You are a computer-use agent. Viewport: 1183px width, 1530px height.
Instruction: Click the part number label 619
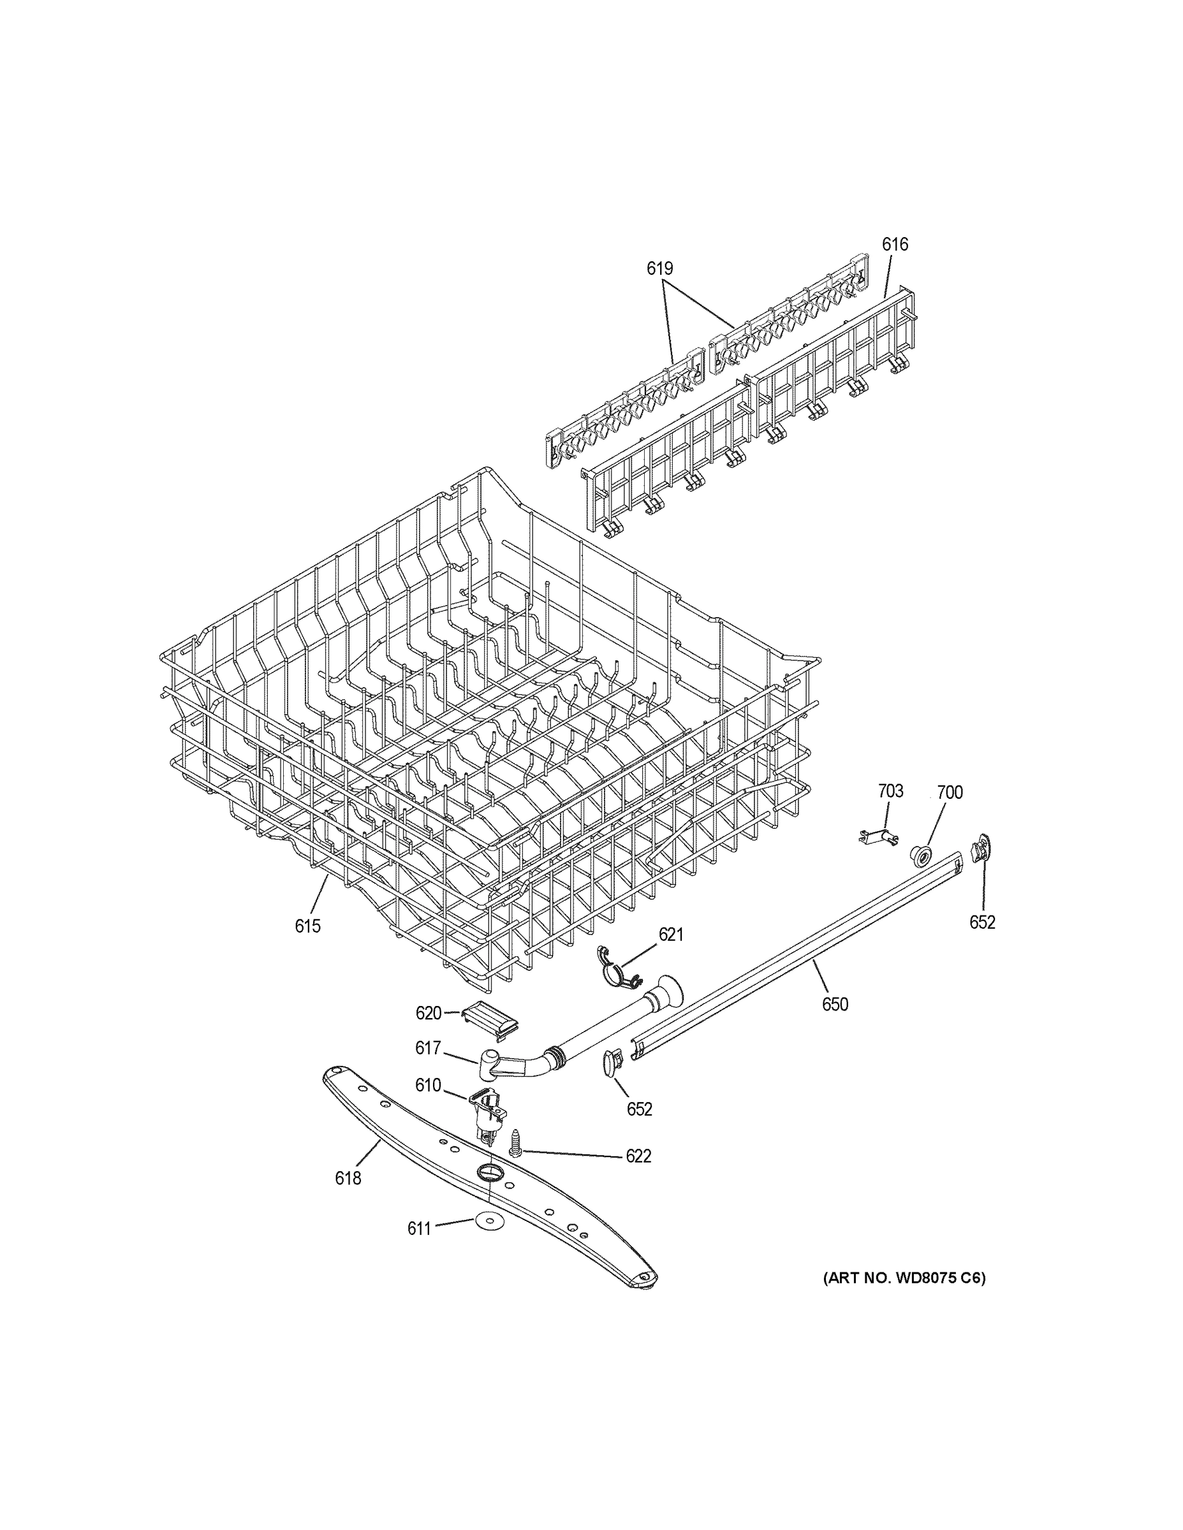659,268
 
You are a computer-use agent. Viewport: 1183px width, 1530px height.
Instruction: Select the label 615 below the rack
307,926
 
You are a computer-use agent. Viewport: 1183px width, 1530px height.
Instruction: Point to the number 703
890,791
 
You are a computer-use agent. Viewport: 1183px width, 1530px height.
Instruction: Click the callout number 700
950,792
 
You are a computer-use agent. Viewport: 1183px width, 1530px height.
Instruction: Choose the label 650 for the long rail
835,1004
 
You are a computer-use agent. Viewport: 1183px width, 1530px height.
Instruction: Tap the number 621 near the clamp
671,934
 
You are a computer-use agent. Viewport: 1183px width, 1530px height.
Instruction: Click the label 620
428,1013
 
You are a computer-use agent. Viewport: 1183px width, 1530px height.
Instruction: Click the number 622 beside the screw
638,1156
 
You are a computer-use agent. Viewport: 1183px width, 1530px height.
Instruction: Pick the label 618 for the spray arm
348,1178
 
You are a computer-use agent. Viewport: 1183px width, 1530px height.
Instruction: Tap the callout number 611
419,1228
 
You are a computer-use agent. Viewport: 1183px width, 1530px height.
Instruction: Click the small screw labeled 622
516,1143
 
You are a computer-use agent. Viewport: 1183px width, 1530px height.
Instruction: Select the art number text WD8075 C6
904,1278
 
